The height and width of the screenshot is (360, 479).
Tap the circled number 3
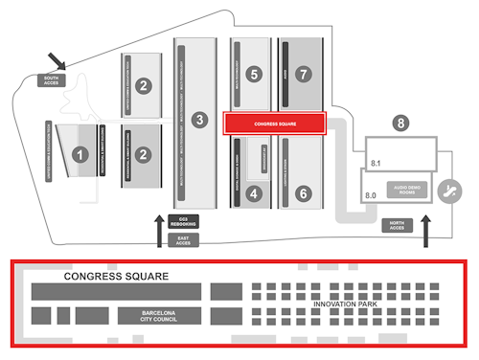coord(198,120)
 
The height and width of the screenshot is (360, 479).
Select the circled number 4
coord(254,193)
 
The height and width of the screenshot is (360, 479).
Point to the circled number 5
coord(253,73)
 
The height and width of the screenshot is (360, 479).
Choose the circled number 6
coord(304,193)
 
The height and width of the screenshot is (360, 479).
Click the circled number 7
coord(304,73)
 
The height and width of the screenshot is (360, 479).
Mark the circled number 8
coord(400,123)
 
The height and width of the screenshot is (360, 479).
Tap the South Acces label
coord(51,80)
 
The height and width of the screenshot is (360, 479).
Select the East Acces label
coord(183,240)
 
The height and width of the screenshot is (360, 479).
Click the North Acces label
coord(397,225)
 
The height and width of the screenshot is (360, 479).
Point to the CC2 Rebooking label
coord(183,221)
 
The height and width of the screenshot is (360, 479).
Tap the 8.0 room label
coord(373,195)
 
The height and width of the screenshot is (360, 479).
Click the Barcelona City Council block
coord(161,316)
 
